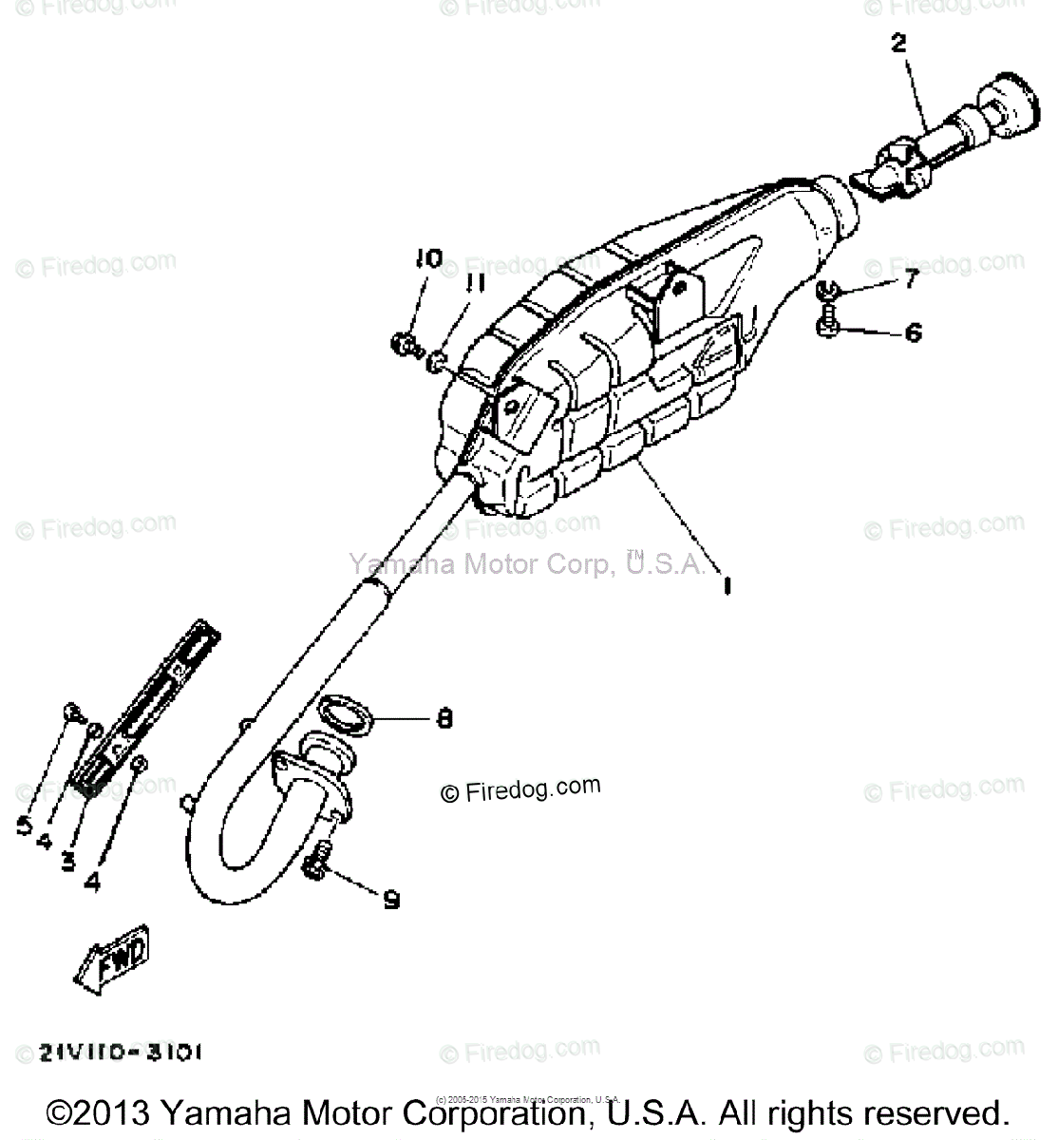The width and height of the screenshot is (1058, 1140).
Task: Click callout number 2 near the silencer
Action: click(x=898, y=44)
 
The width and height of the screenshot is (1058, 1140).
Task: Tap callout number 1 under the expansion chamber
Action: click(x=727, y=586)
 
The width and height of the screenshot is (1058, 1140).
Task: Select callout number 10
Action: click(x=427, y=258)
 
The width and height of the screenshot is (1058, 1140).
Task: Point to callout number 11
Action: click(x=475, y=282)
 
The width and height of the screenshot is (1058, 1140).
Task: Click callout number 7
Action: click(x=911, y=278)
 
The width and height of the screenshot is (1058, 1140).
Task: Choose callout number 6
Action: click(x=913, y=332)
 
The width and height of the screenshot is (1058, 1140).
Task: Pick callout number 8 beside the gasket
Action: click(x=443, y=719)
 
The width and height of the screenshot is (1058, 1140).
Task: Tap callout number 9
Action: click(x=390, y=899)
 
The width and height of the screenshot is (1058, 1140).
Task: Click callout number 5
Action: click(x=25, y=826)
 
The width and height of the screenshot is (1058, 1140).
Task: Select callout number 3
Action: click(x=67, y=861)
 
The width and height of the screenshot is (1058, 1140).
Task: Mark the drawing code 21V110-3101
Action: click(x=120, y=1053)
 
